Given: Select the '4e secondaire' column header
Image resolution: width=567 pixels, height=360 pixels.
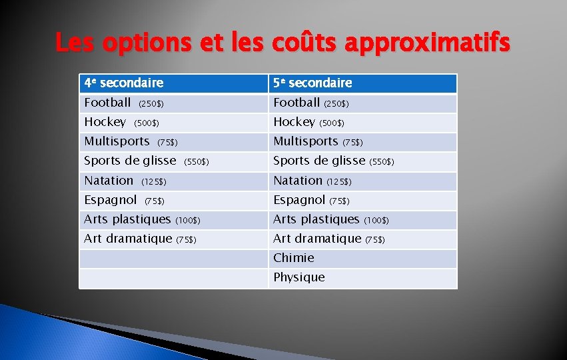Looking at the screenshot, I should pyautogui.click(x=124, y=83).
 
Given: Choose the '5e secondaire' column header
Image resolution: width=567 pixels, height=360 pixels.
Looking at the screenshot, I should pyautogui.click(x=312, y=83).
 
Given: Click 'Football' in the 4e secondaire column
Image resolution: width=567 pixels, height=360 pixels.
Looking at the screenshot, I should pyautogui.click(x=107, y=103).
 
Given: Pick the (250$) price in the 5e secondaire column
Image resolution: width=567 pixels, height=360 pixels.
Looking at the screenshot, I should pyautogui.click(x=336, y=104).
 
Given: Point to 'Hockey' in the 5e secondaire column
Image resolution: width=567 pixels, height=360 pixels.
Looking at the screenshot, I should pyautogui.click(x=294, y=122).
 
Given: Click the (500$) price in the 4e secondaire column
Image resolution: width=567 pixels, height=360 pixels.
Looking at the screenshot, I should pyautogui.click(x=147, y=123).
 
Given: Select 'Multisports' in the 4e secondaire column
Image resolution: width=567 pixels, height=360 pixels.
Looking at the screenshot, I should pyautogui.click(x=117, y=141).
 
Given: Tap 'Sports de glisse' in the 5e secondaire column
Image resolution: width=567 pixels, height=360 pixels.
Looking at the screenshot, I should pyautogui.click(x=319, y=161).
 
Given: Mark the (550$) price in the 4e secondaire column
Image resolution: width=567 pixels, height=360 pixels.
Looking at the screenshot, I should pyautogui.click(x=196, y=162).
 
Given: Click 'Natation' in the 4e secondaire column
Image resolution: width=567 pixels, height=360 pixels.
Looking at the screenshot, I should pyautogui.click(x=109, y=181).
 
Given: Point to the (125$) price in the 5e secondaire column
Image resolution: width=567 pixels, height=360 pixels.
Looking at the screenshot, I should pyautogui.click(x=338, y=181).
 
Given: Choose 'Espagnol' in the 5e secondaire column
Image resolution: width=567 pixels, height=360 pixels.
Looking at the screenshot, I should pyautogui.click(x=299, y=200).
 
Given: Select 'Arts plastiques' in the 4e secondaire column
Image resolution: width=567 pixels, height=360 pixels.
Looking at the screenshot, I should pyautogui.click(x=127, y=219).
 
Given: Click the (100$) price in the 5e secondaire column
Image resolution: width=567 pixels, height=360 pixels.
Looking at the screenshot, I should pyautogui.click(x=376, y=220).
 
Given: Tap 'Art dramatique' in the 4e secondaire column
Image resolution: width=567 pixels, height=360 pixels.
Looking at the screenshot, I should pyautogui.click(x=128, y=239).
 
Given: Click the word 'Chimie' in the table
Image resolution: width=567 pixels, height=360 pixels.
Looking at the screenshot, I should pyautogui.click(x=294, y=258).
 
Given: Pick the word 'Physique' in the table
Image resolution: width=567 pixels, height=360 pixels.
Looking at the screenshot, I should pyautogui.click(x=299, y=277).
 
